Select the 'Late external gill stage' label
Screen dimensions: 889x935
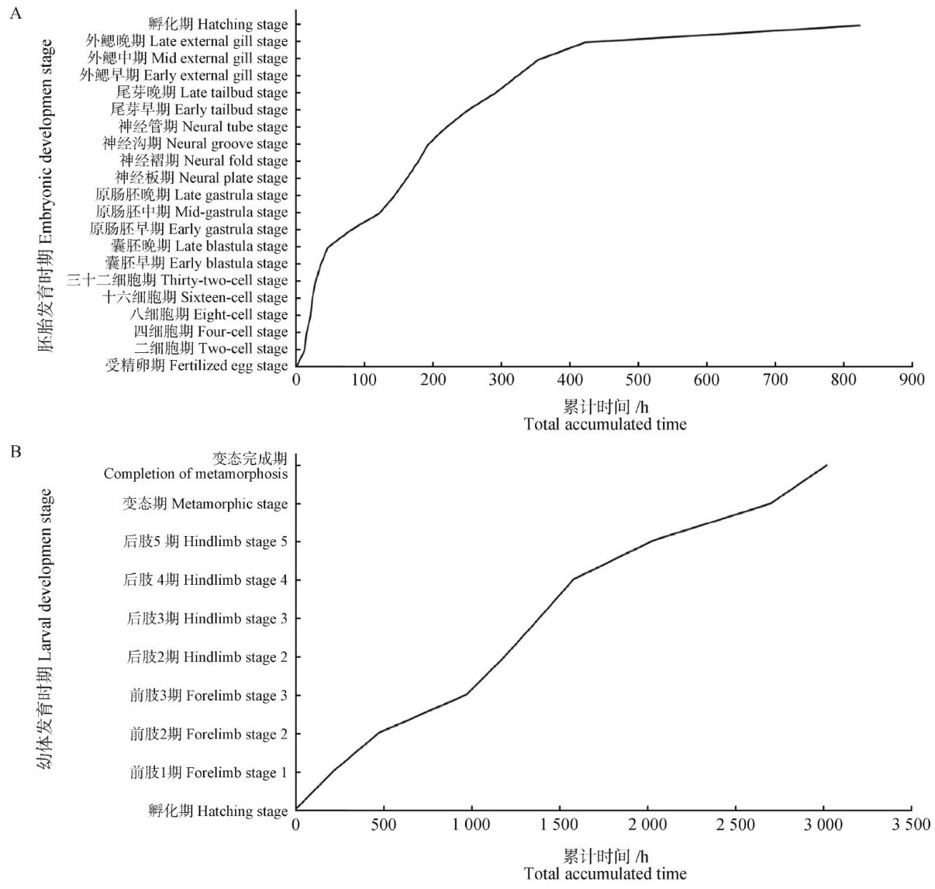click(186, 41)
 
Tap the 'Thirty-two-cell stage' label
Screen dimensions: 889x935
click(178, 280)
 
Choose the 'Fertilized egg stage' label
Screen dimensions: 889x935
click(197, 365)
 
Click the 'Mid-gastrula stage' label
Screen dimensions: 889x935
click(191, 212)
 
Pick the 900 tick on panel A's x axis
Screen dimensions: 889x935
click(912, 379)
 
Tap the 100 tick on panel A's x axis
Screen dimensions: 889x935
click(364, 379)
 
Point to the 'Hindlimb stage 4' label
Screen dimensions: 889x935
click(205, 580)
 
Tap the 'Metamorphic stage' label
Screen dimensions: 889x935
click(205, 504)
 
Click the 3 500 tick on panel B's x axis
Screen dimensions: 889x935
click(912, 825)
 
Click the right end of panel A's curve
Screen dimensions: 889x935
click(860, 26)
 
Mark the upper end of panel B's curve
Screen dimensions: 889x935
click(827, 465)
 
